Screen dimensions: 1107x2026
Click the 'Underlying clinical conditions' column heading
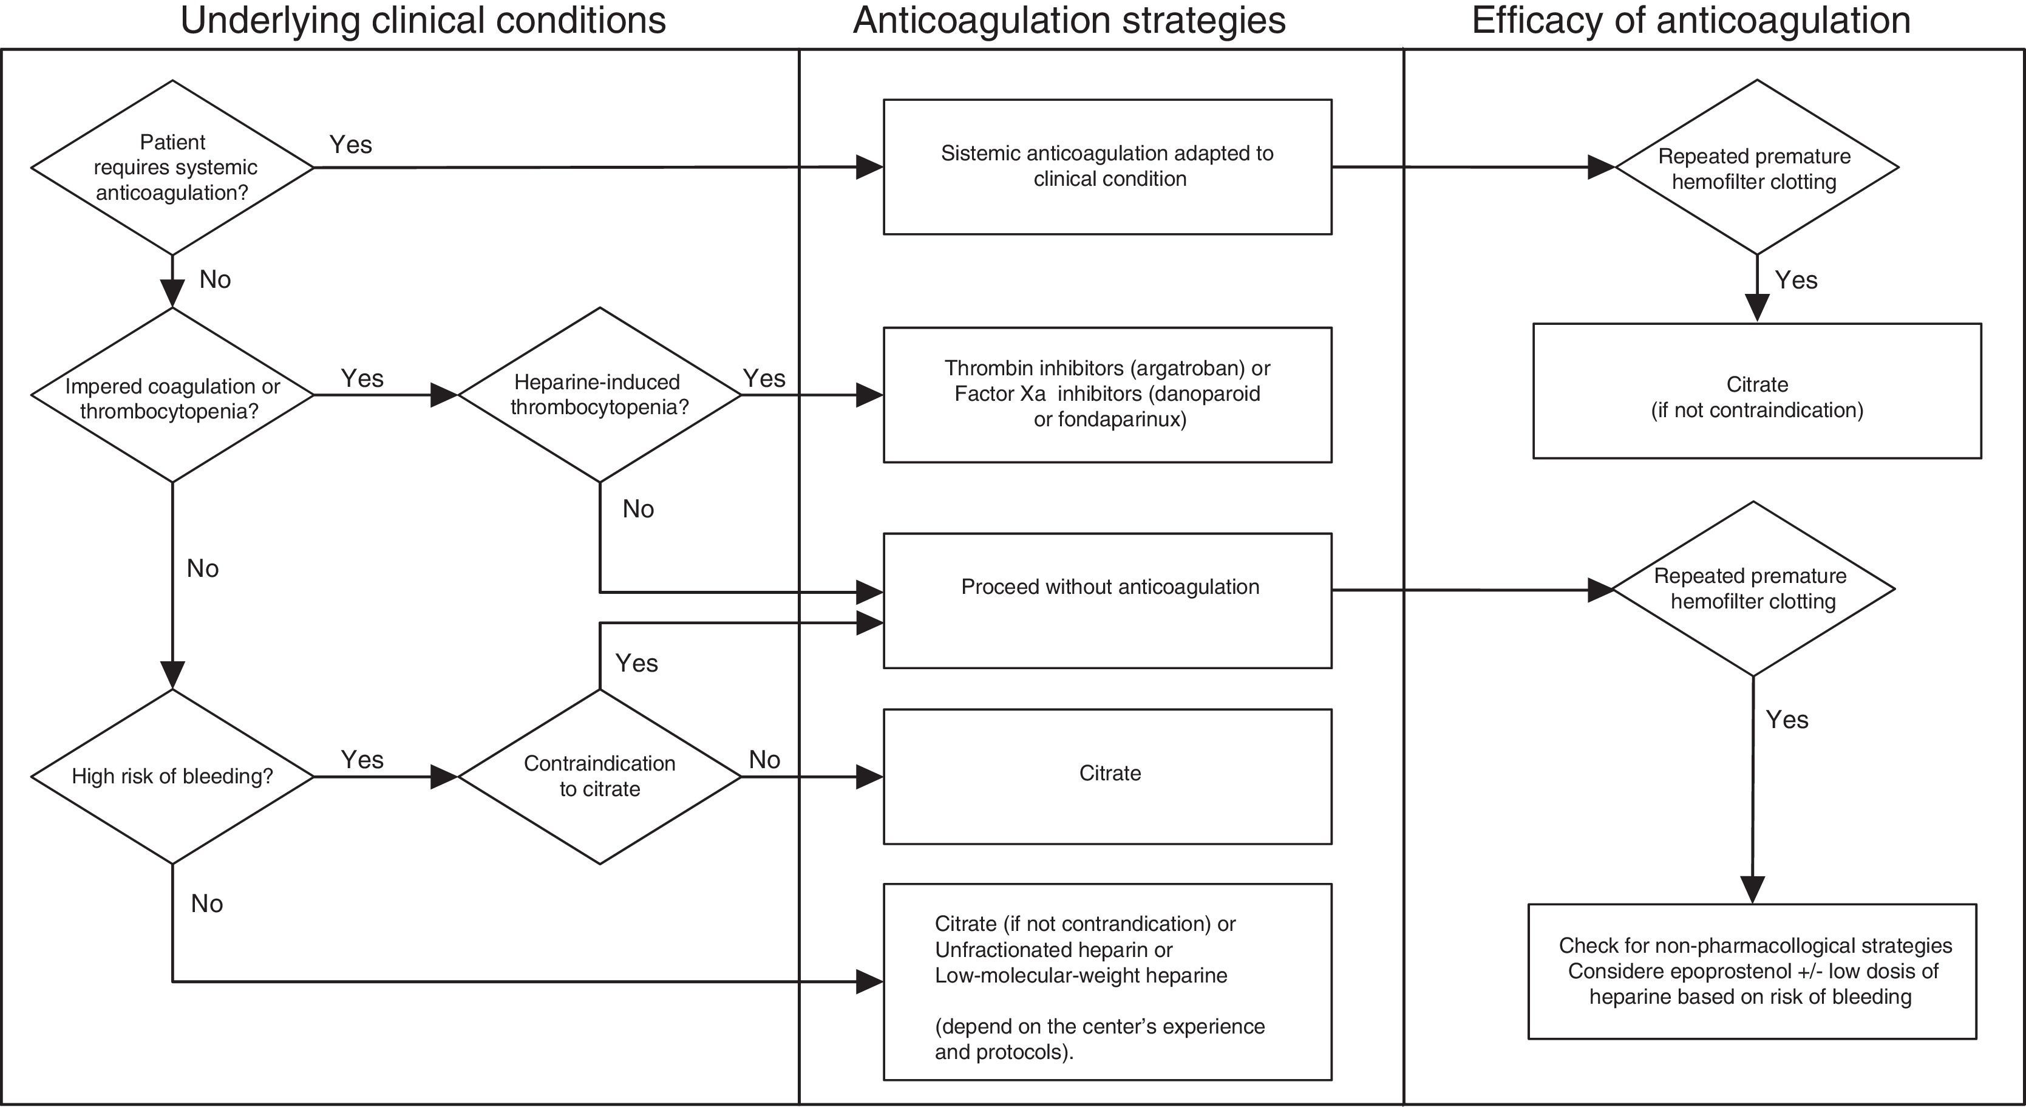point(423,21)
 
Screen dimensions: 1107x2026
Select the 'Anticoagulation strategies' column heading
point(1069,21)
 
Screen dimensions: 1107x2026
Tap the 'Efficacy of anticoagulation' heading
point(1691,21)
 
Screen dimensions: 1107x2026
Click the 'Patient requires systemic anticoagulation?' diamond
point(172,167)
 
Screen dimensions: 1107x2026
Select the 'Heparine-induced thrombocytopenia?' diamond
point(599,394)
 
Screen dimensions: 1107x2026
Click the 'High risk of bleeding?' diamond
point(172,777)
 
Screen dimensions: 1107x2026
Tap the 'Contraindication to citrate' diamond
point(599,777)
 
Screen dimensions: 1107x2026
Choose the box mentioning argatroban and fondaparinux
point(1107,394)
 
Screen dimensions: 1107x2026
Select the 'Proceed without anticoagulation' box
point(1107,601)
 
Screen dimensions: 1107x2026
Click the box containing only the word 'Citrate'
point(1107,776)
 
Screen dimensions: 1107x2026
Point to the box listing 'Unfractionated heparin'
point(1107,981)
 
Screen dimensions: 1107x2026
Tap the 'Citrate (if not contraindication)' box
point(1756,391)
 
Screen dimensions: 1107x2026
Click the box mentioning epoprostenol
point(1752,971)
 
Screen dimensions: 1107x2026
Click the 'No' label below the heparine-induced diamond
point(638,509)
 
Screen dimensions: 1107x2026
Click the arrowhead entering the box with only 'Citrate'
point(870,777)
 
